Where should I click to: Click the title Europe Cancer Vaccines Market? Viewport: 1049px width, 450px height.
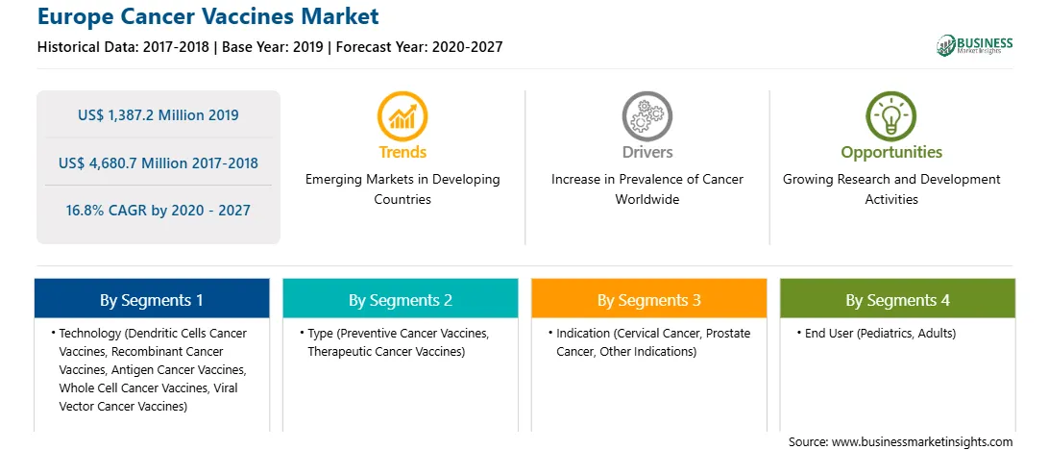point(208,16)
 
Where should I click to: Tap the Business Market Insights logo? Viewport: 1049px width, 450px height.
point(974,45)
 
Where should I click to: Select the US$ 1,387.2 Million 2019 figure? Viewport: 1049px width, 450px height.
point(158,114)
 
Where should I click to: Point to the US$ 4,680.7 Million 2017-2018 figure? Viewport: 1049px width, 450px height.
point(158,162)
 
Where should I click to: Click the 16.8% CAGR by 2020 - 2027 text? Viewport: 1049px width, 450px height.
point(158,211)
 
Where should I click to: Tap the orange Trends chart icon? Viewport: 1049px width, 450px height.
point(403,116)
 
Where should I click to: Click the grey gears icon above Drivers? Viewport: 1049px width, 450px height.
point(646,116)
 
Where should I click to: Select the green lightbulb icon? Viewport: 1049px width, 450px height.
point(891,116)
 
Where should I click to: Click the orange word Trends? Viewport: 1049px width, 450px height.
point(403,152)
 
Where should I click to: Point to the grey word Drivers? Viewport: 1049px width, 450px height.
point(646,152)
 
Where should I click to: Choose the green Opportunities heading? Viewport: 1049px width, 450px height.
point(891,153)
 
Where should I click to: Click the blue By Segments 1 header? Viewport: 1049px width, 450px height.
point(152,299)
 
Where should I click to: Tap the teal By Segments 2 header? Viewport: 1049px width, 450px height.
point(400,299)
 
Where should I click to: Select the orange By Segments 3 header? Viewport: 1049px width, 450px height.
point(649,299)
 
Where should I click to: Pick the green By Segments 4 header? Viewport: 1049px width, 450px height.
point(897,299)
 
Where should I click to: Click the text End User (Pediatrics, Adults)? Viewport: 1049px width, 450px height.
point(880,334)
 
